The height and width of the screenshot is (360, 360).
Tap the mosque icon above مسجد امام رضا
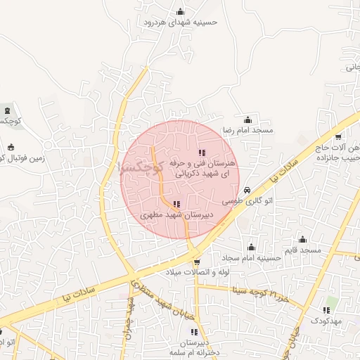247,120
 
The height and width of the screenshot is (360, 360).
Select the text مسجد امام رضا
247,131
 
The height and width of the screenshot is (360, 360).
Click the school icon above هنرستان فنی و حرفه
202,152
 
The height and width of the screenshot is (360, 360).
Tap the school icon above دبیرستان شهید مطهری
176,204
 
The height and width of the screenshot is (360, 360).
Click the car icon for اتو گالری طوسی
247,191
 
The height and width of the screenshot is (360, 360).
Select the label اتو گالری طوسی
247,201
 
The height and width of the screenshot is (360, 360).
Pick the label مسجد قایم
302,250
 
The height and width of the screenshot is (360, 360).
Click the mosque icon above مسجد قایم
302,239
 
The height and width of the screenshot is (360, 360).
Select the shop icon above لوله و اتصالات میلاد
186,261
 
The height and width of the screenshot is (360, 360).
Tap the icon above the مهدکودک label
326,309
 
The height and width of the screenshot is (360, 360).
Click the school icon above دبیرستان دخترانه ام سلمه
195,332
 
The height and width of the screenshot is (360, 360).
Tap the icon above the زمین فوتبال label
11,147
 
